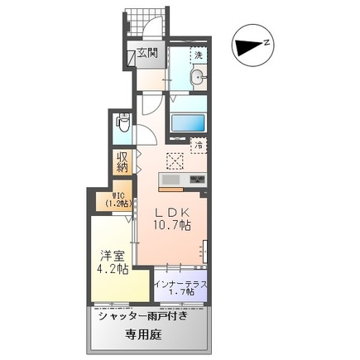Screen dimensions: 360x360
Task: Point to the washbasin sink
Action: (198, 77)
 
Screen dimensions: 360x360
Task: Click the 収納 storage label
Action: (122, 161)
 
